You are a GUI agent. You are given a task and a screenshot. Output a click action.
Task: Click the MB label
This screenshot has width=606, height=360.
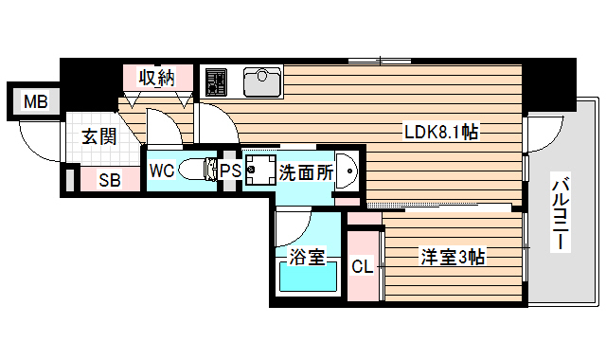tap(35, 101)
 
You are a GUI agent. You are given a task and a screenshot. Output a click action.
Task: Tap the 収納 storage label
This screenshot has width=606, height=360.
tap(158, 78)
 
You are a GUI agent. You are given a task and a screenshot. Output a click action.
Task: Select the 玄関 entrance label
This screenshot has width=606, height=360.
tap(98, 137)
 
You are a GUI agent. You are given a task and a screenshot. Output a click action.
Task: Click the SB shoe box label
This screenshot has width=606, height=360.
tap(109, 180)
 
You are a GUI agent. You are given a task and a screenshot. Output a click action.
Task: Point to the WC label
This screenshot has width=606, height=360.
tap(162, 171)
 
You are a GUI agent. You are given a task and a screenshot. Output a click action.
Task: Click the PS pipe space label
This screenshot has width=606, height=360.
tap(230, 171)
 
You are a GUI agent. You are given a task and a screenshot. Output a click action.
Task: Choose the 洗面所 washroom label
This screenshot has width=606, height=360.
tap(305, 172)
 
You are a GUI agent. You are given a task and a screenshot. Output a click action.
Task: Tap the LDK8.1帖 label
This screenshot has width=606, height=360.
tap(441, 134)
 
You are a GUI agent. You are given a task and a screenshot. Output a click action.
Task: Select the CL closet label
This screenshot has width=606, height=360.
tap(363, 266)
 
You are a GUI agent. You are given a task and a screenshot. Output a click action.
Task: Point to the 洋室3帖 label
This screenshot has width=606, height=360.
tap(454, 256)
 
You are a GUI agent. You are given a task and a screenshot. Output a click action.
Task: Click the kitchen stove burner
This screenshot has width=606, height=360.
tap(216, 81)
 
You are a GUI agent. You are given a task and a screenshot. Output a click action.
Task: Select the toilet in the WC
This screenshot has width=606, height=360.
tap(198, 171)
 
